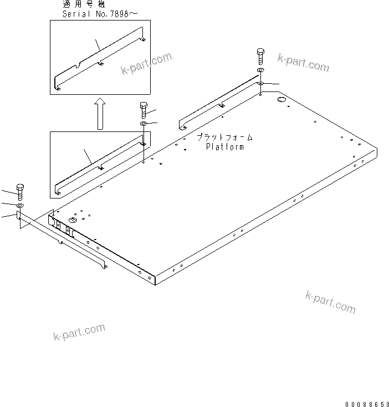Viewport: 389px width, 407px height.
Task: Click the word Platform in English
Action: point(224,147)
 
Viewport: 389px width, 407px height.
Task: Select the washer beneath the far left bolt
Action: point(21,206)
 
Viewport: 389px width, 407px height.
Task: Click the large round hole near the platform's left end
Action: point(72,220)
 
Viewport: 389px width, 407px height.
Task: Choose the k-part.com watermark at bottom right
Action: point(330,301)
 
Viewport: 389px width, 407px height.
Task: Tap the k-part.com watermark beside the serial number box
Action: point(146,64)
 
